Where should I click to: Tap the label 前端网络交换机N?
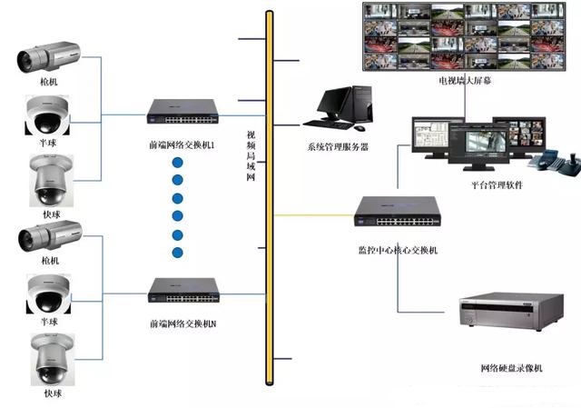182,323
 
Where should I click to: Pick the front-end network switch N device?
182,291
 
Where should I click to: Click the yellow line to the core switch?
313,215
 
